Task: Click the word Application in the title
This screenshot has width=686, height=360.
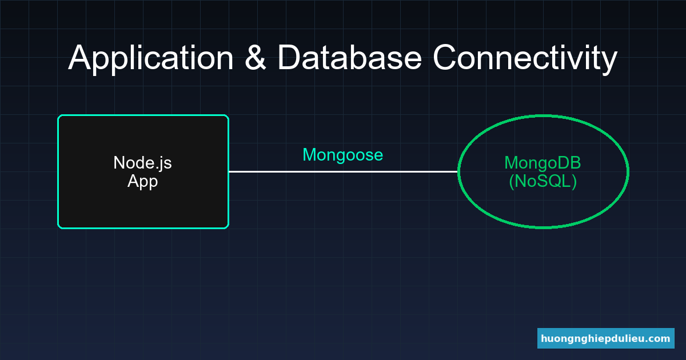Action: click(151, 58)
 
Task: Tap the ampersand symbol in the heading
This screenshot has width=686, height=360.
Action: click(256, 58)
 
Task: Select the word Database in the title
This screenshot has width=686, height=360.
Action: click(350, 58)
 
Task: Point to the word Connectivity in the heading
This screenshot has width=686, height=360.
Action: click(524, 58)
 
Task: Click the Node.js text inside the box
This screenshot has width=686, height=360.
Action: click(142, 163)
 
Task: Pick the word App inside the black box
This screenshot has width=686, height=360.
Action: click(142, 182)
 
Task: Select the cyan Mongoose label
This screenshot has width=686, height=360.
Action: click(342, 155)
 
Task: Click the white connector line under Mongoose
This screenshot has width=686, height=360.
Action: click(343, 171)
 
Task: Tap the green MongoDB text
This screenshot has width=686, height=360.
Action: click(543, 163)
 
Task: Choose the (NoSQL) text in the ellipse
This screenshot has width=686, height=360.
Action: click(543, 182)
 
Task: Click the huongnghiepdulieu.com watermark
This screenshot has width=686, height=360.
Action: click(605, 338)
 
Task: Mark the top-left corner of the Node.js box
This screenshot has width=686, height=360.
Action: click(59, 116)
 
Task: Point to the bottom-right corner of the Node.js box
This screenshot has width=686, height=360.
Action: click(228, 227)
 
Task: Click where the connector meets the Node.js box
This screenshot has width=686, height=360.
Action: click(229, 171)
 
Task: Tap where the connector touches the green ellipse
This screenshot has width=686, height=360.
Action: click(458, 171)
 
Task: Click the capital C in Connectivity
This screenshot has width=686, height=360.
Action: click(445, 58)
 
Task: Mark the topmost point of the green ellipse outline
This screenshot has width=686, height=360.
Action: click(543, 116)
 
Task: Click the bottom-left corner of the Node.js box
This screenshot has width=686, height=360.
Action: click(59, 227)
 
